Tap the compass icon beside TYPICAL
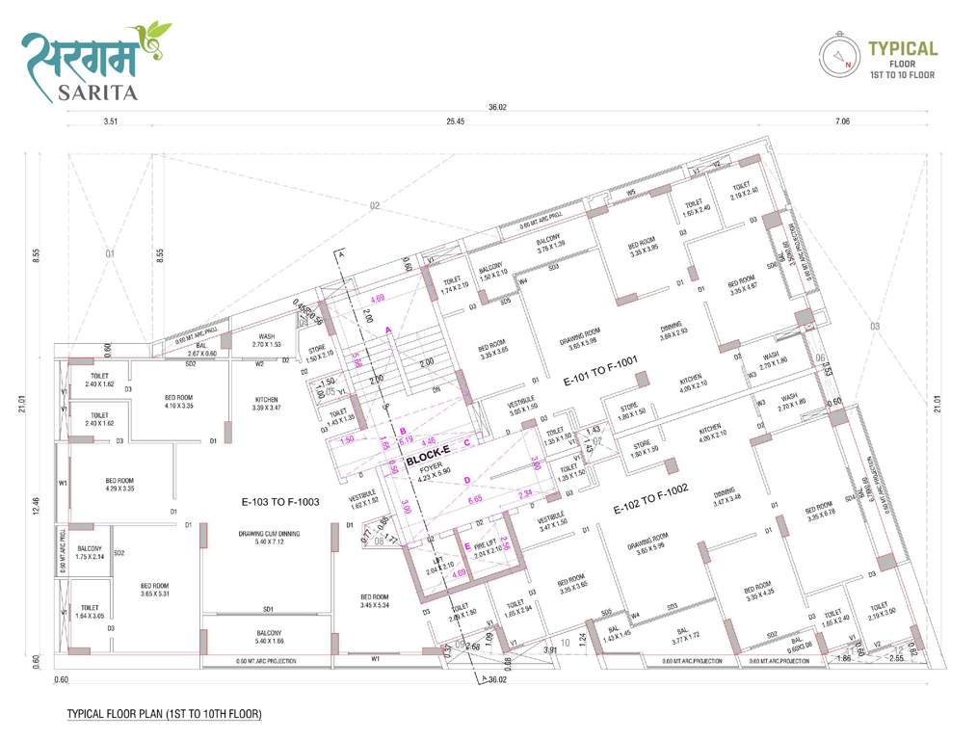click(x=837, y=56)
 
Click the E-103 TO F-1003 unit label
click(x=280, y=503)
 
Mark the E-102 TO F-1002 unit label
click(x=651, y=498)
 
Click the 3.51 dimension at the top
click(x=109, y=121)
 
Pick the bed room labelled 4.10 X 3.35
click(x=179, y=402)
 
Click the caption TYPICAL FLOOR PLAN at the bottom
click(x=165, y=715)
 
